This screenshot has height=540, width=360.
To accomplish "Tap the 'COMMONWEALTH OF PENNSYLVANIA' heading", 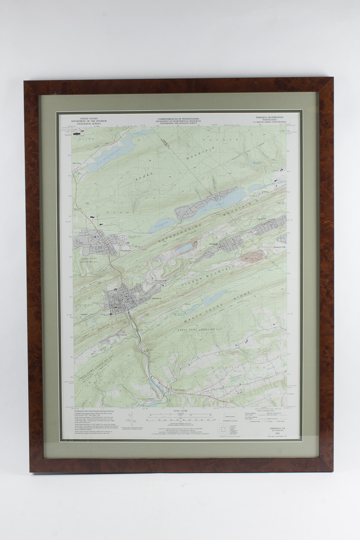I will pos(179,118).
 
